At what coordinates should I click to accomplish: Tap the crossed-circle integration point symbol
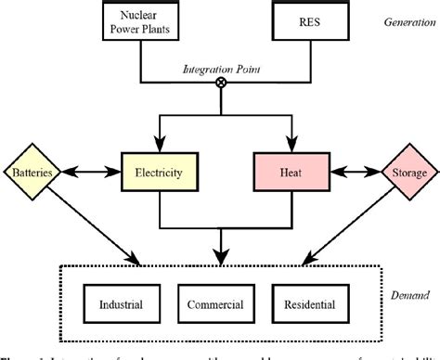point(221,83)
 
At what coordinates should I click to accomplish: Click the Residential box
point(315,304)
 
